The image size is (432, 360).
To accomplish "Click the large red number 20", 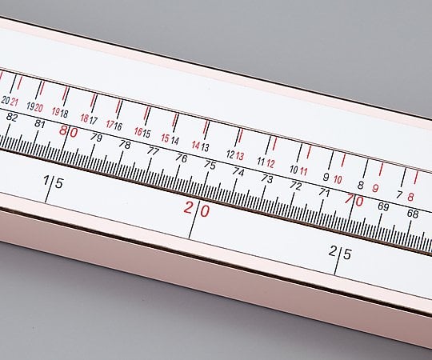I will [x=197, y=210].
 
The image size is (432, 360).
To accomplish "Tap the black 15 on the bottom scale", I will [x=53, y=182].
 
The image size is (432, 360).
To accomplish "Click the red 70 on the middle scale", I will [x=354, y=201].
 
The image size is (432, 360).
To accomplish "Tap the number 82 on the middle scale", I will [x=12, y=118].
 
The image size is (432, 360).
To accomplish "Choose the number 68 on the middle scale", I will [x=413, y=214].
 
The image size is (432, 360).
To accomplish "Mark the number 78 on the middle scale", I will [x=124, y=144].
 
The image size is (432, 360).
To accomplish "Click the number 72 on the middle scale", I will [x=295, y=185].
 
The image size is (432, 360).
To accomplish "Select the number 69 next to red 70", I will [x=383, y=207].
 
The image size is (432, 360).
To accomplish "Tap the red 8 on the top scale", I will [x=410, y=196].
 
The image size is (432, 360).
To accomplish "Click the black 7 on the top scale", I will [x=399, y=193].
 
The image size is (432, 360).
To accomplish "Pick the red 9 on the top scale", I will [x=375, y=188].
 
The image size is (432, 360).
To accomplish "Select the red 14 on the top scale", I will [x=195, y=145].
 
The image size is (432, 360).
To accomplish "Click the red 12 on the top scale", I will [x=270, y=163].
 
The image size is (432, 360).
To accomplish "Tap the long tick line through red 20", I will [x=193, y=219].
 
